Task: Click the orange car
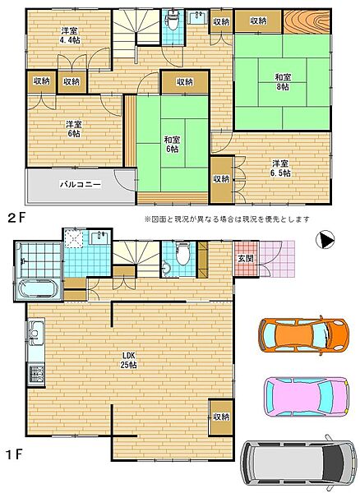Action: [x=303, y=334]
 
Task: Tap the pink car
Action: [x=306, y=395]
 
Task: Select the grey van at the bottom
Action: [x=298, y=463]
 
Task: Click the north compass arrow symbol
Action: [x=325, y=240]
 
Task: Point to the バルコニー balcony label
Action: [x=81, y=184]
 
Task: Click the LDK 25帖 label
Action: [x=129, y=361]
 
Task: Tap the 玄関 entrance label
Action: [x=245, y=258]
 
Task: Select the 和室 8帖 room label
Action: [x=283, y=81]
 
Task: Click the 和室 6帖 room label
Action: [x=172, y=144]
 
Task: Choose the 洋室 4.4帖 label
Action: [x=71, y=36]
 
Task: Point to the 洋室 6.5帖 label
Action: [x=281, y=168]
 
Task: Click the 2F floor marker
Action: [x=16, y=218]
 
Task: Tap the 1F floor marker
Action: [x=15, y=454]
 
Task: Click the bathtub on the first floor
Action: [x=39, y=289]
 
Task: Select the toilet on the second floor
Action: [x=172, y=21]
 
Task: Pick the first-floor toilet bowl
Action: [x=182, y=255]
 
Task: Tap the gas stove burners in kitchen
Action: [x=36, y=374]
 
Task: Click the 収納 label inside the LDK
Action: [x=221, y=417]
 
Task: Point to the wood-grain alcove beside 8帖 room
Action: [x=307, y=21]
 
